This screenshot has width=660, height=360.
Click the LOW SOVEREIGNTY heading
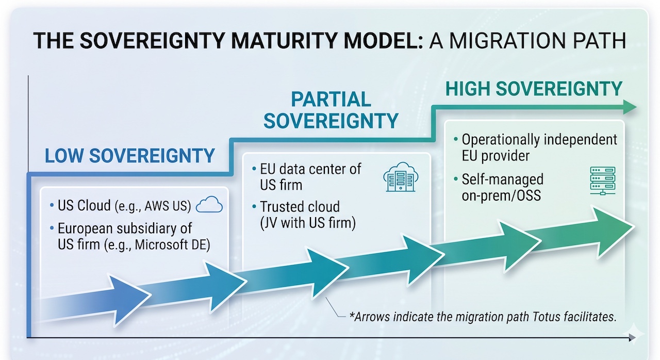tap(129, 156)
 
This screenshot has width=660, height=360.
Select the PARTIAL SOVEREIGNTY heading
tap(331, 110)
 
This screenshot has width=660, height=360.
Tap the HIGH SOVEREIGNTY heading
tap(534, 89)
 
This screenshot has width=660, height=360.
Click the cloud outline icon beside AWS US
tap(209, 204)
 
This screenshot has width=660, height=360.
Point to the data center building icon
tap(401, 177)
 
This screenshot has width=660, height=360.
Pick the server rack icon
tap(603, 181)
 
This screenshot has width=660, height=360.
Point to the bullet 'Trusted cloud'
tap(300, 207)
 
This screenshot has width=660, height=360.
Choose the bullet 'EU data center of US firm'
tap(307, 177)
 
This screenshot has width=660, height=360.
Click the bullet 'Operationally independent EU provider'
tap(536, 148)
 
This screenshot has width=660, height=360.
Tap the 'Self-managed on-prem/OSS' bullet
tap(499, 187)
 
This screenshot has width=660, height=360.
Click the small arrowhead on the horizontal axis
tap(632, 338)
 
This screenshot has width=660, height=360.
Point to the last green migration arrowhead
tap(613, 233)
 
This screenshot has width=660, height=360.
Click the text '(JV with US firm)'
tap(308, 223)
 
